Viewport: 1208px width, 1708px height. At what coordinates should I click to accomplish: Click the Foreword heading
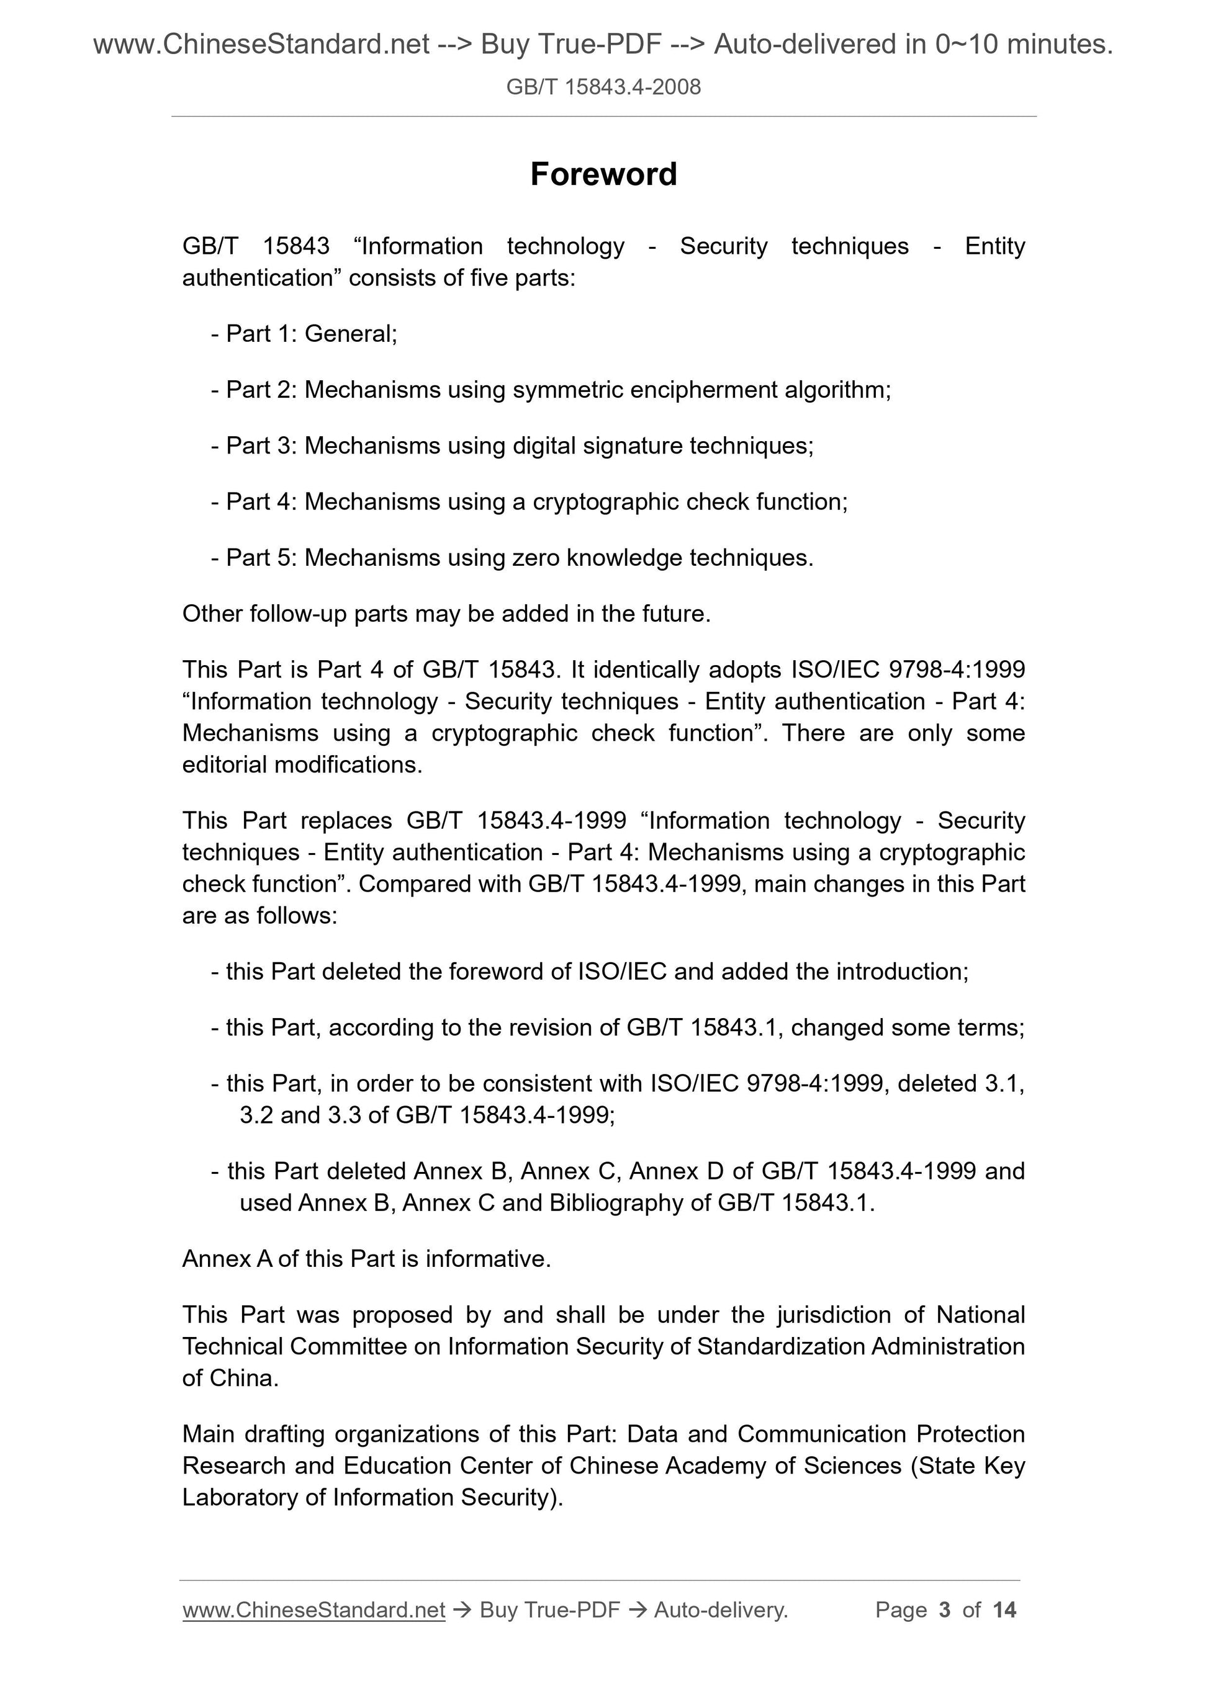[603, 175]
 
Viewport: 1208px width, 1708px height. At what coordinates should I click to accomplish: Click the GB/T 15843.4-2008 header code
[603, 87]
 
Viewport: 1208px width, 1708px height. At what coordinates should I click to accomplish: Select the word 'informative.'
[489, 1259]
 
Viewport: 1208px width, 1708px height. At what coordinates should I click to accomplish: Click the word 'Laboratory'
[241, 1496]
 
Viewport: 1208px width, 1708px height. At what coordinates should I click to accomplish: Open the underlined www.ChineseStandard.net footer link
[314, 1610]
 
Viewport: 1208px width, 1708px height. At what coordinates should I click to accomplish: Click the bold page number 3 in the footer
[945, 1610]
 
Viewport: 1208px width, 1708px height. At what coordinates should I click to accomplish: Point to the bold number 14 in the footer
[1004, 1610]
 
